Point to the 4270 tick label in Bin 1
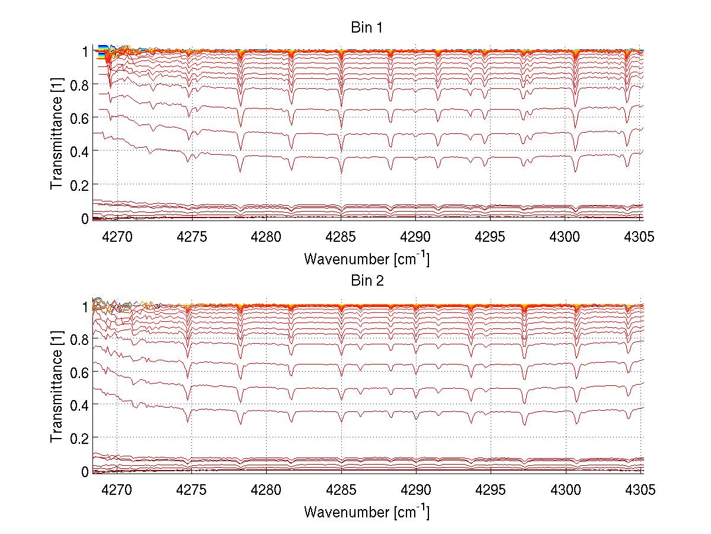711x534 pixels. pyautogui.click(x=117, y=237)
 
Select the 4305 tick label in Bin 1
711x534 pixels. pyautogui.click(x=640, y=237)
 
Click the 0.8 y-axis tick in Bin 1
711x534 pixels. pyautogui.click(x=79, y=85)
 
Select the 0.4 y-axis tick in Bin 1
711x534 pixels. pyautogui.click(x=79, y=152)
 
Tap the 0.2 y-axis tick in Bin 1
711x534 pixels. pyautogui.click(x=79, y=186)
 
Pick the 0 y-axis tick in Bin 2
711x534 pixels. pyautogui.click(x=85, y=472)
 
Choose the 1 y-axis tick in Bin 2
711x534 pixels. pyautogui.click(x=85, y=305)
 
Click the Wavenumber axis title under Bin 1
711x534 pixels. pyautogui.click(x=366, y=259)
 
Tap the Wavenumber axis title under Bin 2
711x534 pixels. pyautogui.click(x=366, y=511)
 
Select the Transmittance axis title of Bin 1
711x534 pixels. pyautogui.click(x=57, y=135)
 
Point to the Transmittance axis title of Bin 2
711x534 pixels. pyautogui.click(x=57, y=388)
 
